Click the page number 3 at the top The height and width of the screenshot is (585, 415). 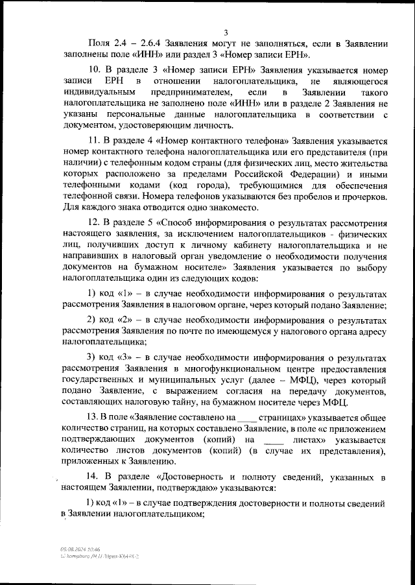point(225,32)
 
